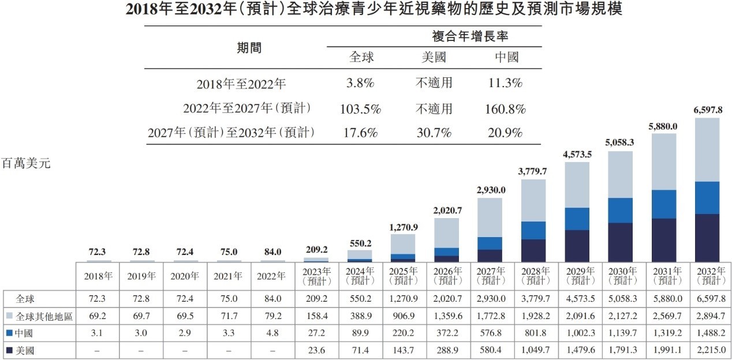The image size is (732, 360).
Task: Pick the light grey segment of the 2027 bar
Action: pyautogui.click(x=490, y=217)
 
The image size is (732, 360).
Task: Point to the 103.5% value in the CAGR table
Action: pyautogui.click(x=361, y=108)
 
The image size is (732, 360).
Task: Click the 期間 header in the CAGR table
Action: pyautogui.click(x=249, y=48)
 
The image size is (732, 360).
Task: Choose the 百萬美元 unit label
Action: pyautogui.click(x=27, y=164)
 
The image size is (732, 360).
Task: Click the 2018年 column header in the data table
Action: pyautogui.click(x=98, y=276)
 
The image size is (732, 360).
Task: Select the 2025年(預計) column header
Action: pyautogui.click(x=403, y=276)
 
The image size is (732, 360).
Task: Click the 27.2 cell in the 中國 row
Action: pyautogui.click(x=316, y=333)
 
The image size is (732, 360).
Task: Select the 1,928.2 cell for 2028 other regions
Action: pyautogui.click(x=535, y=316)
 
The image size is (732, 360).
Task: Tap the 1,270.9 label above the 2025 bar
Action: pyautogui.click(x=404, y=227)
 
